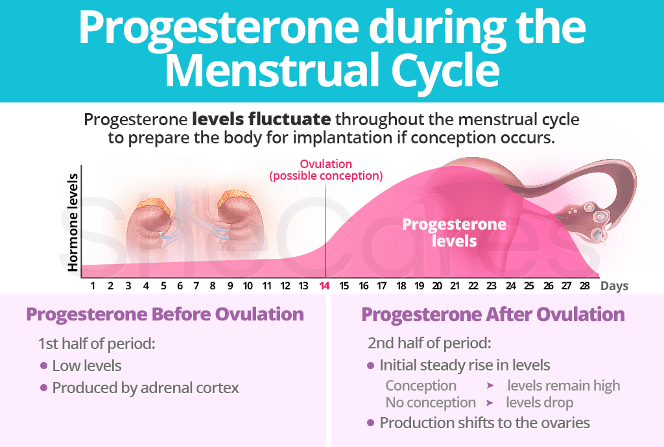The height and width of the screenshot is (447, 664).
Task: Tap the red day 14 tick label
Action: point(324,285)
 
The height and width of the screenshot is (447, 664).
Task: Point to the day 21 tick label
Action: point(455,285)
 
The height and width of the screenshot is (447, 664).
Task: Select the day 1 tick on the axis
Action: point(93,285)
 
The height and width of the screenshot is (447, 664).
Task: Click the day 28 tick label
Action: point(586,285)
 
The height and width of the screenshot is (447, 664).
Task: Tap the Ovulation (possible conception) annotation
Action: point(326,170)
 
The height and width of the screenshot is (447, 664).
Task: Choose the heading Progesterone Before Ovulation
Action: point(165,315)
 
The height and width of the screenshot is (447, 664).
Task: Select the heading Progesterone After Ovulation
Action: point(493,315)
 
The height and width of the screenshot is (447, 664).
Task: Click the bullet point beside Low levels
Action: point(43,366)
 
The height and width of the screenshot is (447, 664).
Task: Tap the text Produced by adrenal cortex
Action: point(145,388)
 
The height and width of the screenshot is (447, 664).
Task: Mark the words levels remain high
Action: point(563,385)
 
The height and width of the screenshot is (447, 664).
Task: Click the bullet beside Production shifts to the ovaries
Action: point(370,423)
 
